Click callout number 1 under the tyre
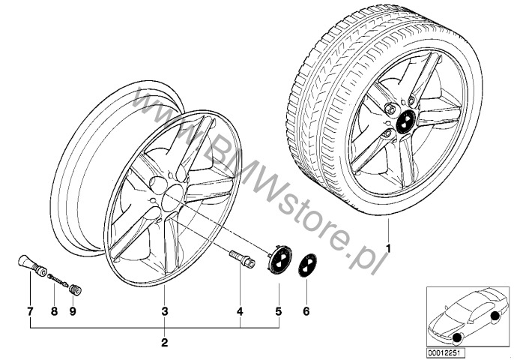point(388,249)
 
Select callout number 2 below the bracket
point(165,343)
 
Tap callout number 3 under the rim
point(165,311)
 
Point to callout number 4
point(240,311)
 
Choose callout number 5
point(279,311)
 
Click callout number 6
point(306,311)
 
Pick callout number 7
point(30,311)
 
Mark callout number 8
point(54,311)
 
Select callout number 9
point(73,311)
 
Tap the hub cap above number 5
point(279,258)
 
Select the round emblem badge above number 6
point(307,265)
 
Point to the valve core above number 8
point(58,280)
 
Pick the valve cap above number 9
point(76,290)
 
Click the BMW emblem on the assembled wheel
point(405,121)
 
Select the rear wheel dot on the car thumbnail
point(495,316)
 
